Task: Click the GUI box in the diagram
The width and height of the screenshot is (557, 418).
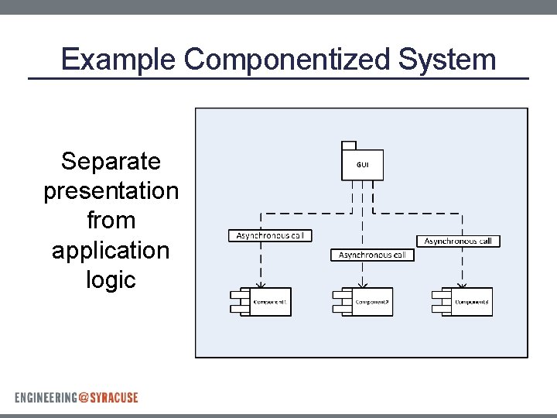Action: click(x=362, y=165)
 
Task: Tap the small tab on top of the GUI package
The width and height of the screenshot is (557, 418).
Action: click(x=348, y=145)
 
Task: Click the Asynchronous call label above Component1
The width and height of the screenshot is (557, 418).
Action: click(x=270, y=235)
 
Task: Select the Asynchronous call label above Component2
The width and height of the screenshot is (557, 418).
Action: click(x=372, y=255)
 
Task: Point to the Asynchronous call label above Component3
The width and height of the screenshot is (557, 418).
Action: click(x=458, y=242)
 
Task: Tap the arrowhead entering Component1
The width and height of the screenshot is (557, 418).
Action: click(x=261, y=283)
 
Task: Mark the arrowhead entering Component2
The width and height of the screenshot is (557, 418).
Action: click(x=363, y=283)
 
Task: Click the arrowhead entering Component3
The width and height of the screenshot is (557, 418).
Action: click(x=463, y=283)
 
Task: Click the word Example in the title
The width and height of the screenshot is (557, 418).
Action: click(x=119, y=60)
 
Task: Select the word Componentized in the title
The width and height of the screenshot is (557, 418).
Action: click(x=289, y=60)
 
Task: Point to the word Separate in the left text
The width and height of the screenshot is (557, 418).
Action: click(x=111, y=162)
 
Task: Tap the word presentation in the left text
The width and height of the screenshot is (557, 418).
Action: click(x=111, y=191)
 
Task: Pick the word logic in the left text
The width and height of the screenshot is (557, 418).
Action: click(x=111, y=279)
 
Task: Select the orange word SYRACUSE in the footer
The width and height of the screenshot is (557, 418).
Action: click(x=114, y=397)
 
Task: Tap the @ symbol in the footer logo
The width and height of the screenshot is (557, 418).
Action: click(x=84, y=397)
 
